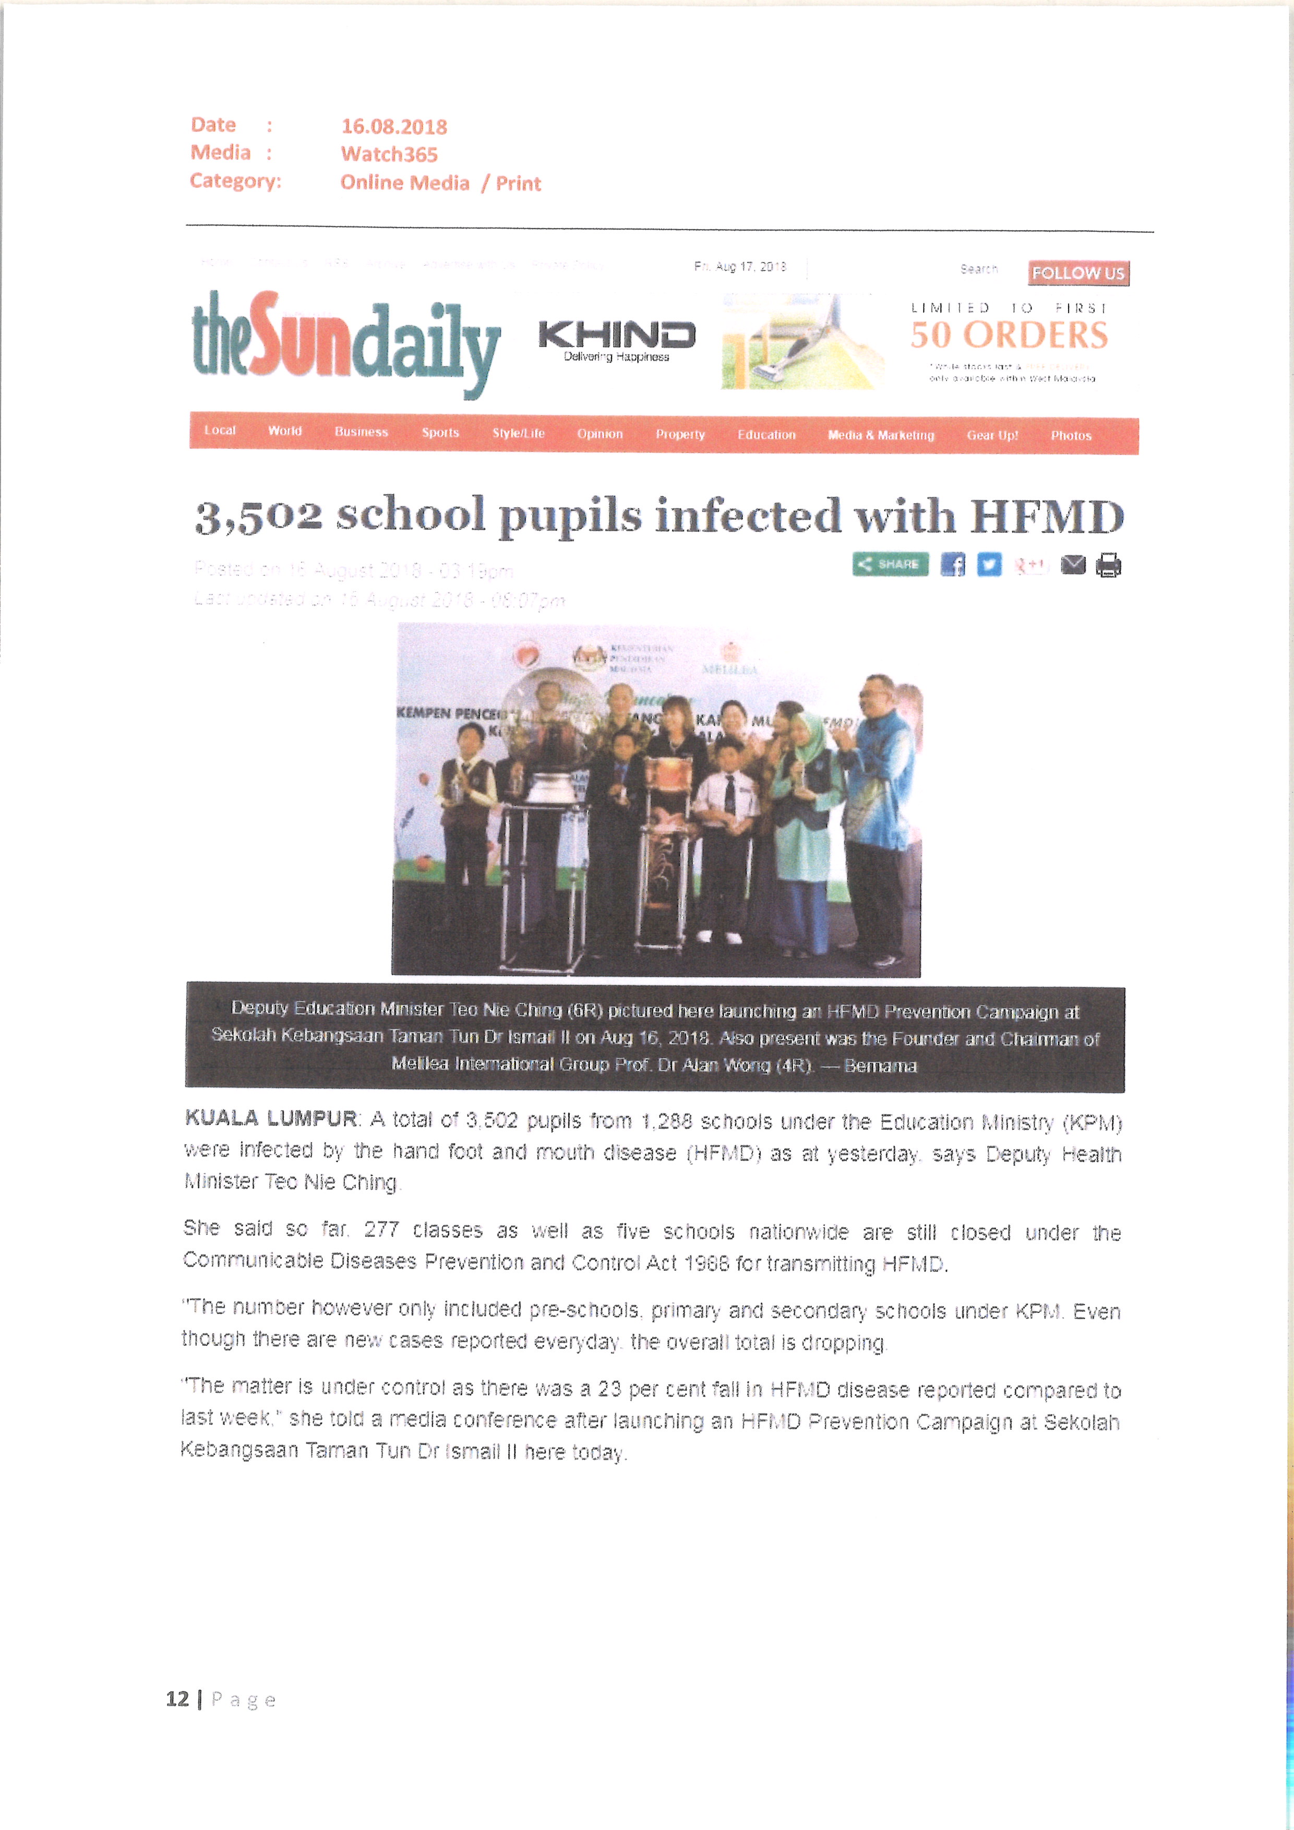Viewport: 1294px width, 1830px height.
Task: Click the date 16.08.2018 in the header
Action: [x=393, y=127]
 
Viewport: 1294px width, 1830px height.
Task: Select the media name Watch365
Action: [x=389, y=154]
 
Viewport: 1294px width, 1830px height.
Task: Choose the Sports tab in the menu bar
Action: [x=440, y=433]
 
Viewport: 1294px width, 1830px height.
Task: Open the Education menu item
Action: [x=766, y=434]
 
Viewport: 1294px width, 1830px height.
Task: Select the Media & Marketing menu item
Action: [x=880, y=435]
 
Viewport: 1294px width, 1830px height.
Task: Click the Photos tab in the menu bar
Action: [x=1070, y=435]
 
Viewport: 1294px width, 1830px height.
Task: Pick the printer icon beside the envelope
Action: [x=1108, y=565]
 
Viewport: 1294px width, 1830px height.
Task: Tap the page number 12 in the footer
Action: [x=177, y=1699]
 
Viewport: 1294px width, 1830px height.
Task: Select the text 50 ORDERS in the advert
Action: [x=1008, y=336]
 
